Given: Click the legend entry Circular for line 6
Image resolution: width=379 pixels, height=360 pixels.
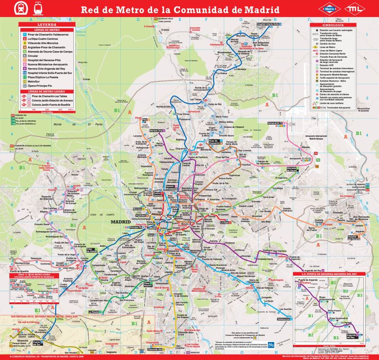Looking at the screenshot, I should tap(34, 55).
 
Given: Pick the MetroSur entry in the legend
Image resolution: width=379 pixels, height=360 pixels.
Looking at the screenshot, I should tap(37, 81).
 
